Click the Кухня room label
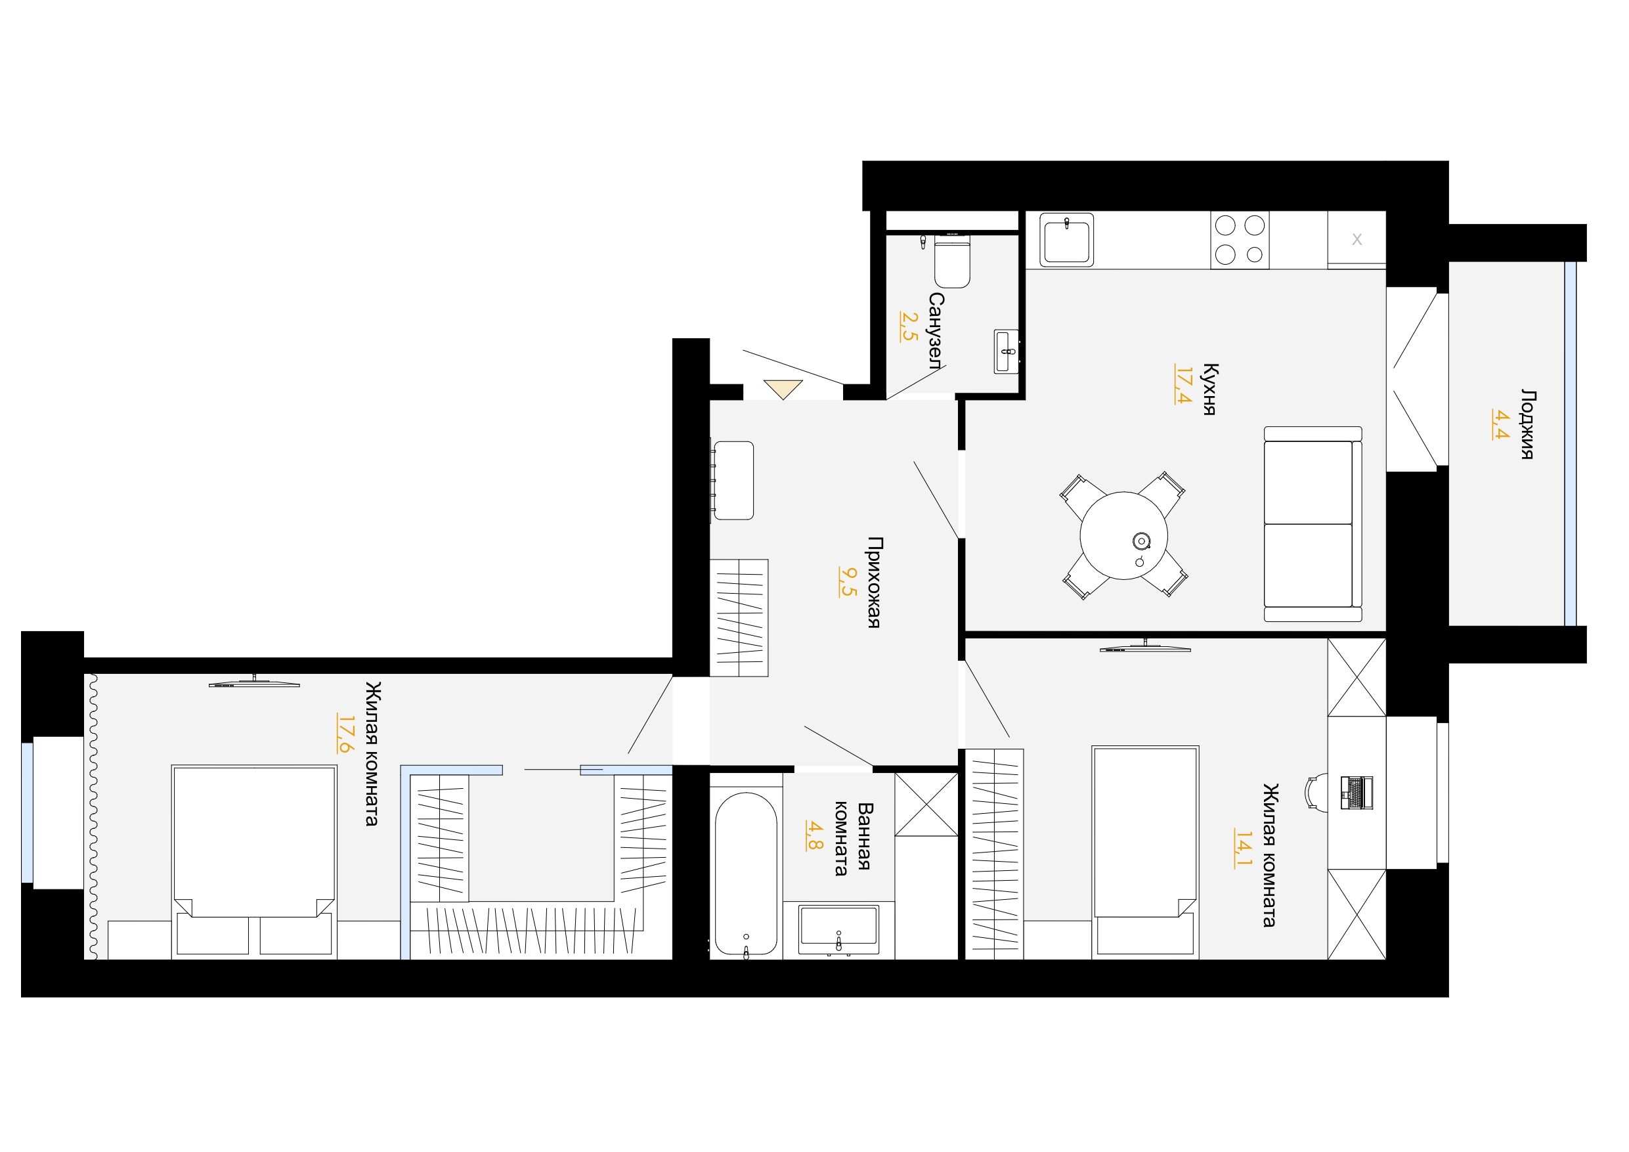click(1210, 389)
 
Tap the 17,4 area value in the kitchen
click(1183, 385)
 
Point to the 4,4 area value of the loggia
click(1500, 424)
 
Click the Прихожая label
click(875, 582)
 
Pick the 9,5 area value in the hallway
click(848, 581)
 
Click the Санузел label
click(936, 331)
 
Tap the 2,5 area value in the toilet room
click(909, 326)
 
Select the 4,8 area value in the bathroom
click(814, 835)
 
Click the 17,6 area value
click(345, 732)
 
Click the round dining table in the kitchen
click(1124, 535)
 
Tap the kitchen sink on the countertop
click(1066, 240)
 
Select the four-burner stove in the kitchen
click(1240, 240)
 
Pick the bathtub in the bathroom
click(746, 874)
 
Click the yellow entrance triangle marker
click(783, 389)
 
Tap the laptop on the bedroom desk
click(1357, 793)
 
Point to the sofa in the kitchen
click(1313, 524)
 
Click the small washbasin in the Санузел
click(1006, 351)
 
